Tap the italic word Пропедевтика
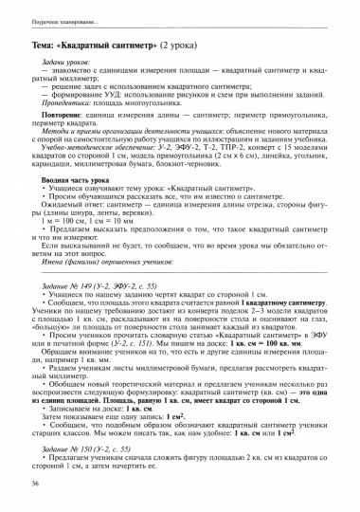(61, 109)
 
